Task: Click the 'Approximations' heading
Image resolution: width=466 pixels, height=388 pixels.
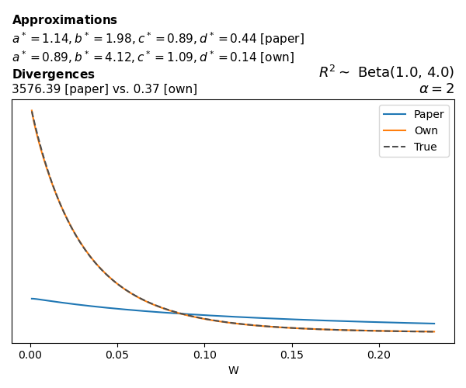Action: click(x=64, y=20)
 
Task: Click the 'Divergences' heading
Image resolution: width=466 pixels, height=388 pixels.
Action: click(x=53, y=74)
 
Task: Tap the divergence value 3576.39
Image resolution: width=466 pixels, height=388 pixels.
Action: click(x=37, y=89)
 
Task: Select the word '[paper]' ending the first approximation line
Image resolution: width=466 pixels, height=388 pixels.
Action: click(x=280, y=39)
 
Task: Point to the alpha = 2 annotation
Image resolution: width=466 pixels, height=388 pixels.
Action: click(x=436, y=88)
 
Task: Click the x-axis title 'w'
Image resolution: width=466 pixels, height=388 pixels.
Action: click(x=233, y=371)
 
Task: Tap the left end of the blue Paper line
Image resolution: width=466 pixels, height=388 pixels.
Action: click(x=32, y=298)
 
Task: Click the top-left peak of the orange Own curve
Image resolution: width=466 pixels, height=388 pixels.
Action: click(x=32, y=111)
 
